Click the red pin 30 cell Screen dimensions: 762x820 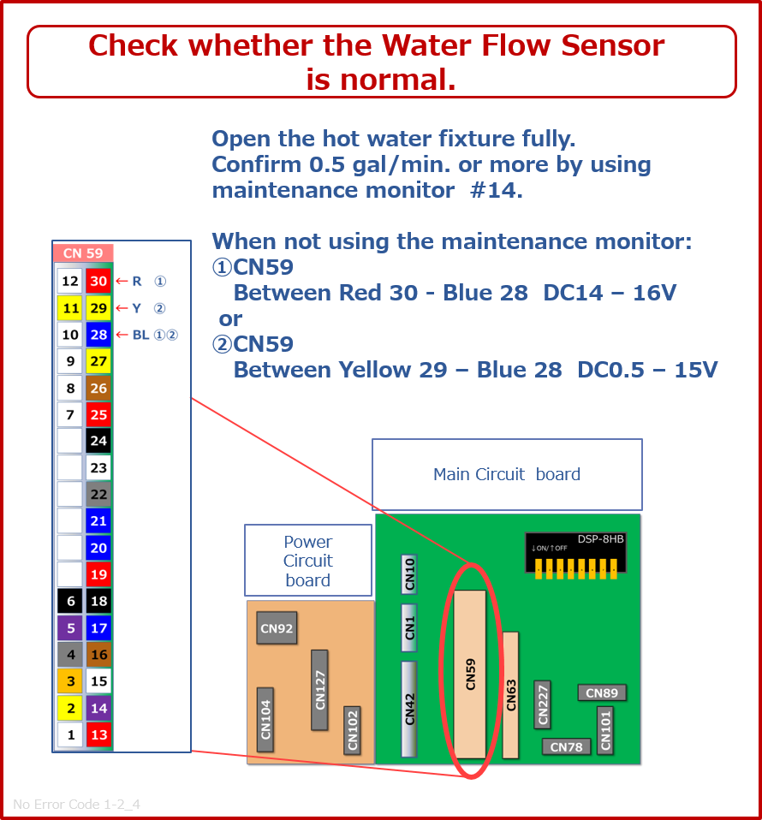point(98,281)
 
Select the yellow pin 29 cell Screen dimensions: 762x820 point(98,308)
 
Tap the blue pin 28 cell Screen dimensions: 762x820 point(98,335)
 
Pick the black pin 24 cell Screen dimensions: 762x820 point(98,441)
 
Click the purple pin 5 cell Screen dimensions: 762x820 point(70,628)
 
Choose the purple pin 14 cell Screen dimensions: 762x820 point(98,708)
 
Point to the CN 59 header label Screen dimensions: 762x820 point(83,253)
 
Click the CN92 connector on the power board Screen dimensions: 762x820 point(277,628)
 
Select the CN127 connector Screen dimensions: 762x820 point(319,690)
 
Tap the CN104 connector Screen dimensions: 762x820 point(265,720)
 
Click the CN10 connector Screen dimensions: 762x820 point(409,574)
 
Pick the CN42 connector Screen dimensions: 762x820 point(409,709)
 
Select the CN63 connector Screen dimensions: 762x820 point(510,695)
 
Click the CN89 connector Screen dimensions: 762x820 point(602,693)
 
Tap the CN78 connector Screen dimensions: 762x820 point(567,746)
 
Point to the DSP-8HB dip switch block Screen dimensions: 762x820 point(575,556)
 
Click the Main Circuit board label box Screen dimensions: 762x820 point(508,474)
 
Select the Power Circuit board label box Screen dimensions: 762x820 point(308,561)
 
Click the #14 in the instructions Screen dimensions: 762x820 point(496,190)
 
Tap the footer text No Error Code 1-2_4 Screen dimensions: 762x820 point(76,804)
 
